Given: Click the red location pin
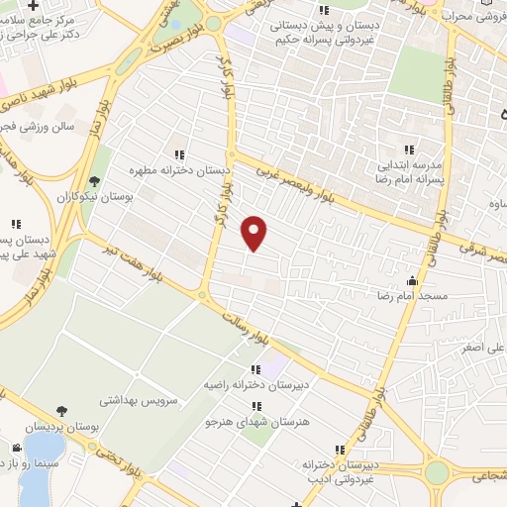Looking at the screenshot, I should pos(254,233).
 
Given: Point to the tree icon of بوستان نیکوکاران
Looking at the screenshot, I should pos(93,182).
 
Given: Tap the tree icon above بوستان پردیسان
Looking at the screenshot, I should pos(62,411).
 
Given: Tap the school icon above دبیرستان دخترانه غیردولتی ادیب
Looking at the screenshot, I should pos(340,450).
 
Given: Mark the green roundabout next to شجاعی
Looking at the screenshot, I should pos(436,472).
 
